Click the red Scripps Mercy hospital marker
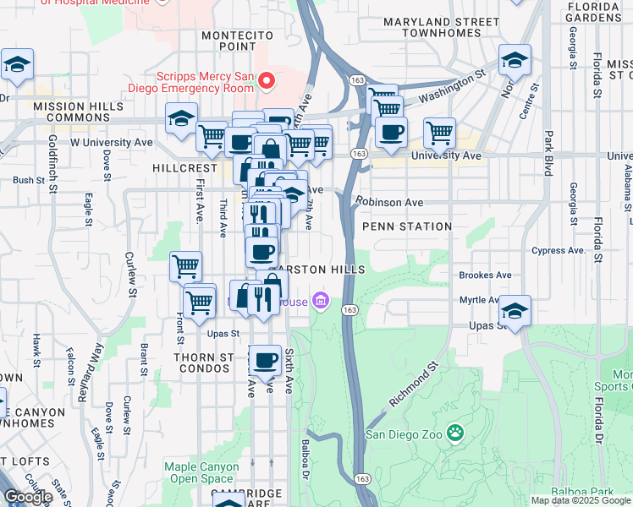tap(267, 81)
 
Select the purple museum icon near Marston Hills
tap(320, 300)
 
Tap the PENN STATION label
tap(407, 226)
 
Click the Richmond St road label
tap(414, 384)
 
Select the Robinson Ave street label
tap(389, 203)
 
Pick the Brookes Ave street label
tap(485, 275)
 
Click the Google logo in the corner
tap(27, 497)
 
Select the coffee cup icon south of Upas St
tap(266, 361)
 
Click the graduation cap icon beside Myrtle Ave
tap(515, 310)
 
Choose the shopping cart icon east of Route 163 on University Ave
tap(439, 133)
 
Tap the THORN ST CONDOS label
tap(203, 364)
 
